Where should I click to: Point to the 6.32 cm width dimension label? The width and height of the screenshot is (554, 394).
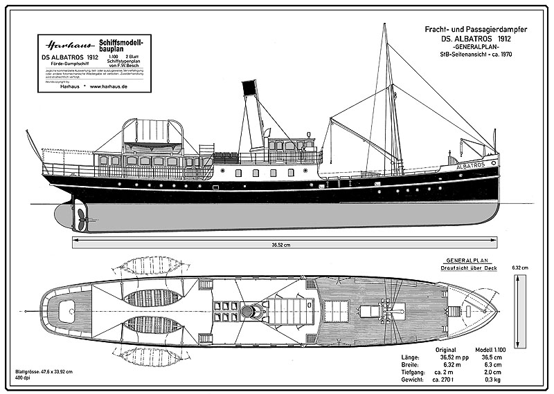click(519, 268)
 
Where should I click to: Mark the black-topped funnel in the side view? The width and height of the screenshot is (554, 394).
click(252, 116)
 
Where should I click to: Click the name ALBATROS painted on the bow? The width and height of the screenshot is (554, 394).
click(472, 165)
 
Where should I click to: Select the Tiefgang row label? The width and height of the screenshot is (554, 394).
click(413, 372)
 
